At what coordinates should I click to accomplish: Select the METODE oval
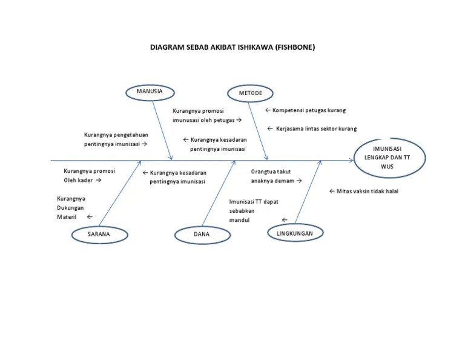pos(250,93)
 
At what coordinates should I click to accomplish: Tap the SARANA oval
pos(99,234)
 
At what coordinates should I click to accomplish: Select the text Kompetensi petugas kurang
pos(309,111)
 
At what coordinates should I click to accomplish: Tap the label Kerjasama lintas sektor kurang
pos(315,128)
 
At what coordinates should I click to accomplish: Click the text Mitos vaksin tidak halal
pos(367,191)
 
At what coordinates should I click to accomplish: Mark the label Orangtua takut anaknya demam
pos(272,176)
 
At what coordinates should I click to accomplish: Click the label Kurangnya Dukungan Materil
pos(71,207)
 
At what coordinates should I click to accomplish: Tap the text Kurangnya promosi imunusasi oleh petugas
pos(206,116)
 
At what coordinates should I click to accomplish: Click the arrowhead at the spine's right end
pos(352,161)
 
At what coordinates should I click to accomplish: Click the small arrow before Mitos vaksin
pos(332,191)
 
